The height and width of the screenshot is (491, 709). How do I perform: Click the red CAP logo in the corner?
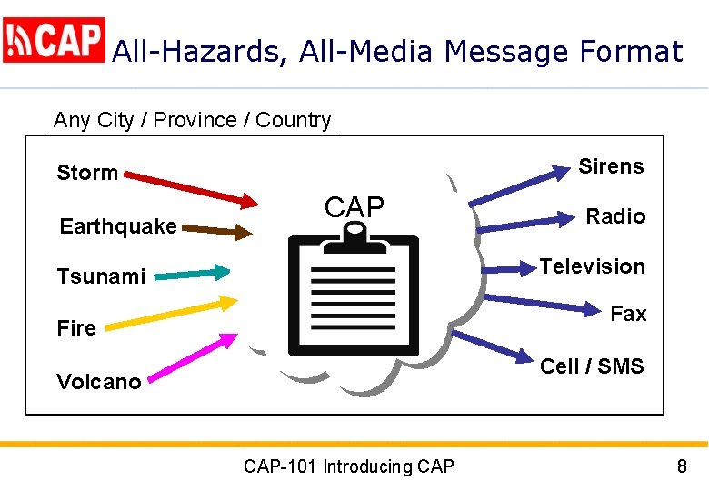pyautogui.click(x=55, y=40)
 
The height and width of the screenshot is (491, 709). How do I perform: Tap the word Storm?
pyautogui.click(x=87, y=173)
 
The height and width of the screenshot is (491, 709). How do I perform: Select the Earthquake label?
pyautogui.click(x=118, y=226)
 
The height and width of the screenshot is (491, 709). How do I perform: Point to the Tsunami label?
pyautogui.click(x=101, y=276)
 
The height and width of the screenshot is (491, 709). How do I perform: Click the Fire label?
pyautogui.click(x=76, y=328)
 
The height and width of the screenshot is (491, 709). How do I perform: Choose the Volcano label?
pyautogui.click(x=99, y=382)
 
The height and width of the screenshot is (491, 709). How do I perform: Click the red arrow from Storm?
pyautogui.click(x=192, y=185)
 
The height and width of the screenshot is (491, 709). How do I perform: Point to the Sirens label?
pyautogui.click(x=611, y=166)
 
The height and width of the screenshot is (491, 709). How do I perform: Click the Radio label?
pyautogui.click(x=615, y=216)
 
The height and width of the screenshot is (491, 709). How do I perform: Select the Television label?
pyautogui.click(x=593, y=266)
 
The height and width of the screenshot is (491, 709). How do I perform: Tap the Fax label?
pyautogui.click(x=628, y=314)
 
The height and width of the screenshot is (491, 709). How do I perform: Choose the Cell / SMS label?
pyautogui.click(x=592, y=366)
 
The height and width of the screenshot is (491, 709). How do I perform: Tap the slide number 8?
pyautogui.click(x=682, y=467)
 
